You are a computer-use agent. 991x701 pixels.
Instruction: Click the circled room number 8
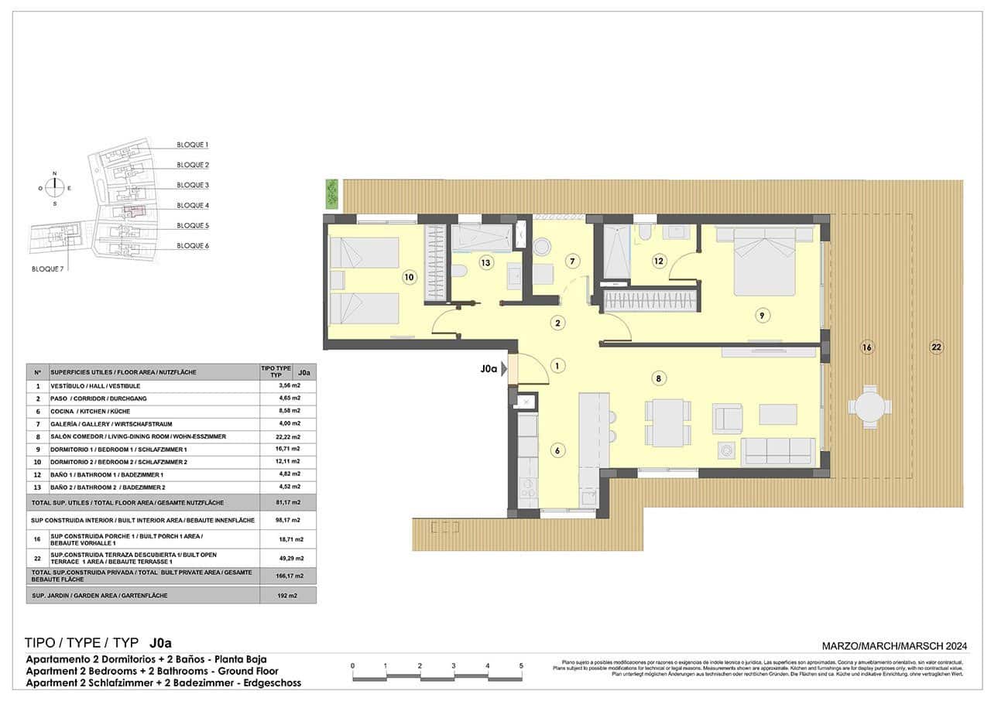click(657, 378)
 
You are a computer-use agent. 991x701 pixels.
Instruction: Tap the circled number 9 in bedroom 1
click(762, 315)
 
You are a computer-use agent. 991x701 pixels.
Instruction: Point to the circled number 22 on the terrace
click(936, 347)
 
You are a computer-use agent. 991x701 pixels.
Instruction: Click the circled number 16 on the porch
click(866, 347)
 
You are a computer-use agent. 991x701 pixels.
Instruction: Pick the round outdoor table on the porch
click(869, 406)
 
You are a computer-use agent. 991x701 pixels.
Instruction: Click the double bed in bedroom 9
click(764, 260)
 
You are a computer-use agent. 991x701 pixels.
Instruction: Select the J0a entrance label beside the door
click(488, 369)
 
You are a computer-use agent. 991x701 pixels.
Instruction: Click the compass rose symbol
click(54, 187)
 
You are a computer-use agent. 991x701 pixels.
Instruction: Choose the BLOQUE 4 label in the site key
click(193, 205)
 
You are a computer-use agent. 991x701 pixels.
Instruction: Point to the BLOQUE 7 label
click(47, 268)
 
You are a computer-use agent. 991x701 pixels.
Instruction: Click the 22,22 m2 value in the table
click(287, 436)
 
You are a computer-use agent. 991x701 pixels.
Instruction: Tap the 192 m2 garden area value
click(287, 595)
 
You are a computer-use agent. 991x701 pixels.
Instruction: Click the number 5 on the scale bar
click(521, 665)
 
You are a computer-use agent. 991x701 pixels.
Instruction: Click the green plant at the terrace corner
click(332, 193)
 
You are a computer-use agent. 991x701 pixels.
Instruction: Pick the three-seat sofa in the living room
click(777, 451)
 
